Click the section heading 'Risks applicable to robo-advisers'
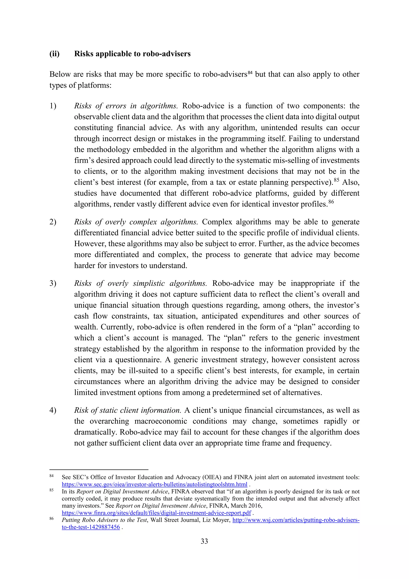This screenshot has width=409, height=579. tap(132, 54)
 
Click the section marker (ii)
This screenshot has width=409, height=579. tap(54, 54)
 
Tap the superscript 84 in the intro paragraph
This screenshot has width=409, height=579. tap(250, 73)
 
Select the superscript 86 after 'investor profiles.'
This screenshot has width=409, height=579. tap(331, 202)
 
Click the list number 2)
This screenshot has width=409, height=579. tap(53, 222)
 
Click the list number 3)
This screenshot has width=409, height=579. tap(53, 283)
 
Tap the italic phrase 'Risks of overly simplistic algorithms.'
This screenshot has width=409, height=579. tap(140, 283)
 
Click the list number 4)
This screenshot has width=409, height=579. tap(53, 410)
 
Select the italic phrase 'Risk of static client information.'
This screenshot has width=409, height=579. tap(127, 410)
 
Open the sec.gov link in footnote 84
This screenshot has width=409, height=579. tap(154, 484)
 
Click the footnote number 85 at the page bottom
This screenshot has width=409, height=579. tap(51, 490)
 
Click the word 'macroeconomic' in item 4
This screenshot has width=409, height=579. tap(161, 421)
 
